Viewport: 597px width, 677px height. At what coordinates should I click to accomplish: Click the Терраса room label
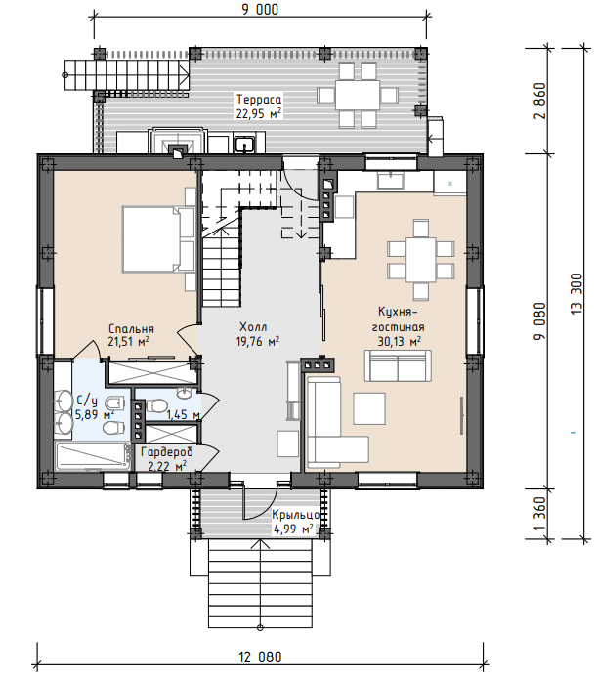click(x=259, y=100)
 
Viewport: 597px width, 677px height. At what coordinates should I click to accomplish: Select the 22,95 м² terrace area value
click(x=259, y=113)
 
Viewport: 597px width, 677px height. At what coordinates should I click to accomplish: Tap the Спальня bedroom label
click(x=131, y=329)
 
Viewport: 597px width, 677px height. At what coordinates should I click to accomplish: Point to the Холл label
click(x=253, y=327)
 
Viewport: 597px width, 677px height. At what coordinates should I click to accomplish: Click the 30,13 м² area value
click(x=400, y=341)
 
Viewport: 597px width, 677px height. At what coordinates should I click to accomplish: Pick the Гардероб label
click(x=167, y=452)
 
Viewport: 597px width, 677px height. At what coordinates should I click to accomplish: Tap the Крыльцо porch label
click(x=296, y=515)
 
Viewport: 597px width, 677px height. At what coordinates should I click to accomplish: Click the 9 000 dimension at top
click(x=260, y=10)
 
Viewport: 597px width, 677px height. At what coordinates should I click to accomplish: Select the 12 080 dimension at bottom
click(x=260, y=657)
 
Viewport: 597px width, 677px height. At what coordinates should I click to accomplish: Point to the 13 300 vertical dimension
click(x=576, y=294)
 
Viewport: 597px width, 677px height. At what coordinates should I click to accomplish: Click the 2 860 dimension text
click(x=540, y=101)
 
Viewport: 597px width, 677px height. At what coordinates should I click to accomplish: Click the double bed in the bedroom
click(x=157, y=239)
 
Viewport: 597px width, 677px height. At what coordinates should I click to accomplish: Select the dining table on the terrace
click(x=358, y=95)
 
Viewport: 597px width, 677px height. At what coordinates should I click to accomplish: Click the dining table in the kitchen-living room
click(x=420, y=260)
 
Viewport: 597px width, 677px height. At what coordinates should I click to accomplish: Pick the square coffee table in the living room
click(x=369, y=408)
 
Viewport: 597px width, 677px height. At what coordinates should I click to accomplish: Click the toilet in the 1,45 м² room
click(x=157, y=405)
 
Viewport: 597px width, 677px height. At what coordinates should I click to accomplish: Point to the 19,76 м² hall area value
click(x=257, y=341)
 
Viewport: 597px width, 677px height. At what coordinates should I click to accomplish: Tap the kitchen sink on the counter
click(x=391, y=181)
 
